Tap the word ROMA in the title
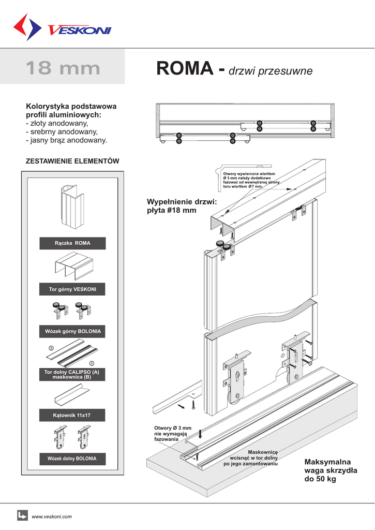pos(184,68)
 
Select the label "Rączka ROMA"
pos(72,243)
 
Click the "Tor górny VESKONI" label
pos(72,289)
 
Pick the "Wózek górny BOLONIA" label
pos(72,330)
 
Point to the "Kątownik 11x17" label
pos(72,415)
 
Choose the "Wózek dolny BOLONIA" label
pos(72,459)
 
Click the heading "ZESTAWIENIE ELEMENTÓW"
pos(72,161)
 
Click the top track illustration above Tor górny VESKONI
pos(72,267)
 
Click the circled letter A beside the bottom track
pos(91,363)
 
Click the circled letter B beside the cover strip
pos(51,347)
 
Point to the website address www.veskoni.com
pos(52,517)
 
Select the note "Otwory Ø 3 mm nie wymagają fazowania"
pos(173,433)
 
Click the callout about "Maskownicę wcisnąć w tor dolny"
pos(254,458)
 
